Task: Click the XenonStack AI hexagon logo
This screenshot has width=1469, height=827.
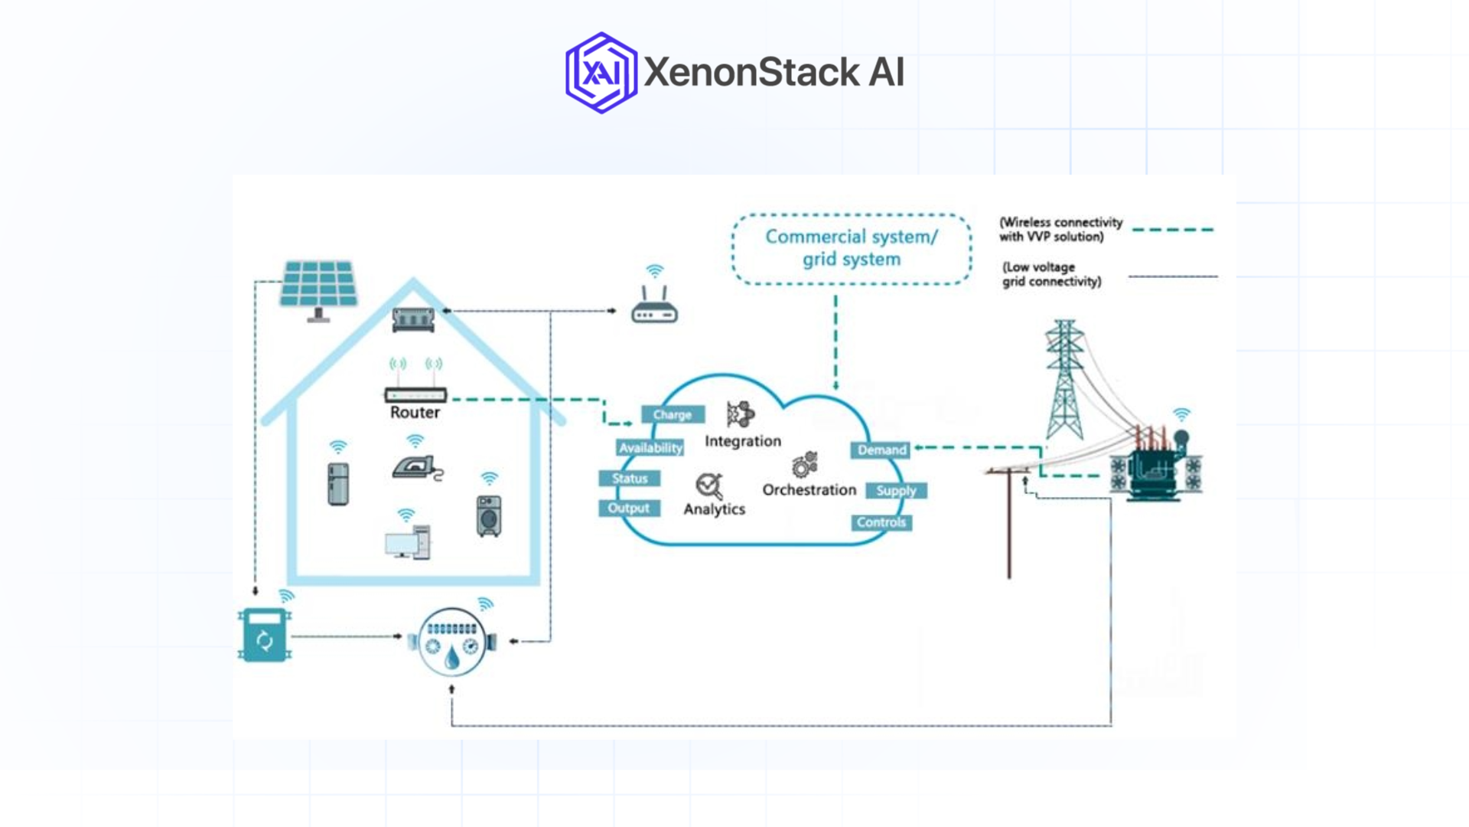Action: click(601, 73)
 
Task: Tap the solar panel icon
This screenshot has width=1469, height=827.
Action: click(319, 286)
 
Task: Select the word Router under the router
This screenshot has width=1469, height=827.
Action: click(415, 413)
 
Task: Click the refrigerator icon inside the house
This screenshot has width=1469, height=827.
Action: click(338, 483)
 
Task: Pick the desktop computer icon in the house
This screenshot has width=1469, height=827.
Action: click(407, 542)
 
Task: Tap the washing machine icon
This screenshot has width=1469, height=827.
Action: click(489, 515)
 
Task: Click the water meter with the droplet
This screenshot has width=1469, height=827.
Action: click(452, 642)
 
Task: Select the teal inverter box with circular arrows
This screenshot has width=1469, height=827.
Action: click(265, 636)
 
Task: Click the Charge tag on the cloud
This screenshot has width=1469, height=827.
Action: click(673, 415)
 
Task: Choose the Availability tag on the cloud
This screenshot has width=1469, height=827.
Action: click(650, 448)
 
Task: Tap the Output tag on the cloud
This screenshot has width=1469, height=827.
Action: click(629, 508)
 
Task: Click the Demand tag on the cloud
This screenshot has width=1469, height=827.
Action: click(881, 450)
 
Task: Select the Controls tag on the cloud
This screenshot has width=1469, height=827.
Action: click(881, 523)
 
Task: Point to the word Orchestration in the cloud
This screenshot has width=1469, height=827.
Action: click(809, 490)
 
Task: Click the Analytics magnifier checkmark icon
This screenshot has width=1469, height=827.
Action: click(708, 485)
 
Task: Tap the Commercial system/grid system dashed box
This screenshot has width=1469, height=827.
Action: click(852, 249)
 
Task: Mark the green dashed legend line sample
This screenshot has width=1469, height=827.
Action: click(1172, 230)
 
